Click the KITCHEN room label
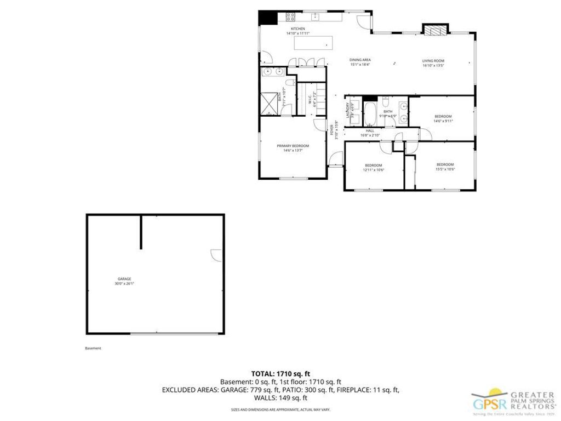click(297, 29)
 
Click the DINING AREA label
click(360, 60)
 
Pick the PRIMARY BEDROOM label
click(293, 146)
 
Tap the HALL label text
click(370, 131)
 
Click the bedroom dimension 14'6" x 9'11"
click(443, 121)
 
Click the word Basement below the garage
click(93, 348)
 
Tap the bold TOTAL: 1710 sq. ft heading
click(280, 373)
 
